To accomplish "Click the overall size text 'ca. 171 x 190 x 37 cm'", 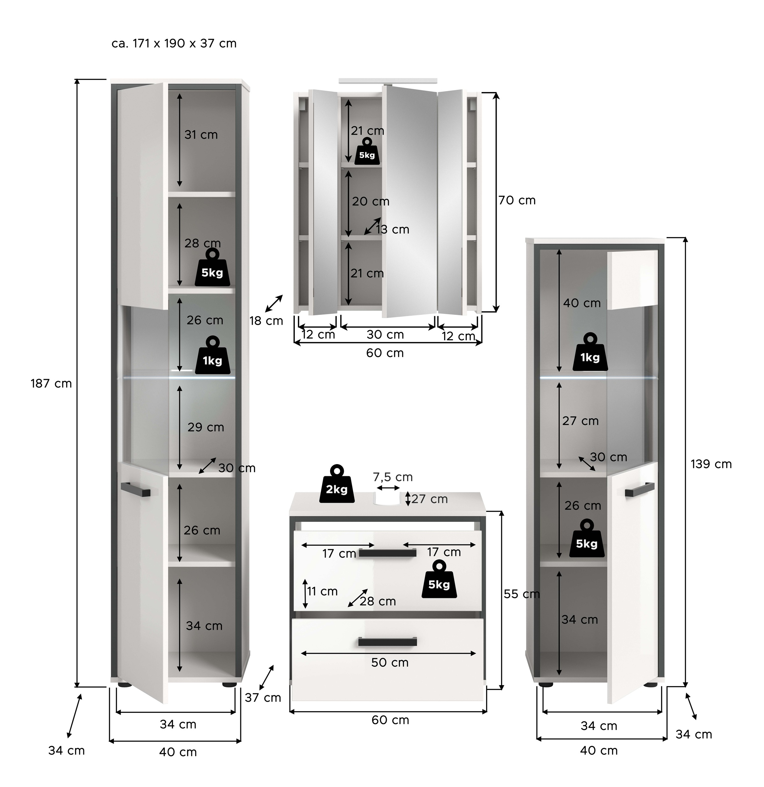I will [174, 43].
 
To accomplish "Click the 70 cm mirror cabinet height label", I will [517, 200].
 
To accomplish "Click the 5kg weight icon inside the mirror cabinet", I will [366, 151].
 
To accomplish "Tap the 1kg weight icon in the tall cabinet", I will [212, 355].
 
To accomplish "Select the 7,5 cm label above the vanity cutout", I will [392, 477].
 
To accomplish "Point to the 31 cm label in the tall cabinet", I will [201, 135].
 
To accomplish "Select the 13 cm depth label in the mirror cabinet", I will [392, 229].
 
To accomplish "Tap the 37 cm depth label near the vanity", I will [263, 698].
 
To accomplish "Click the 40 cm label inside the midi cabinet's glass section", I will [581, 303].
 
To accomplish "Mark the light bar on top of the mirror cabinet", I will [387, 81].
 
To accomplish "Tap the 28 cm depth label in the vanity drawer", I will [377, 601].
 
